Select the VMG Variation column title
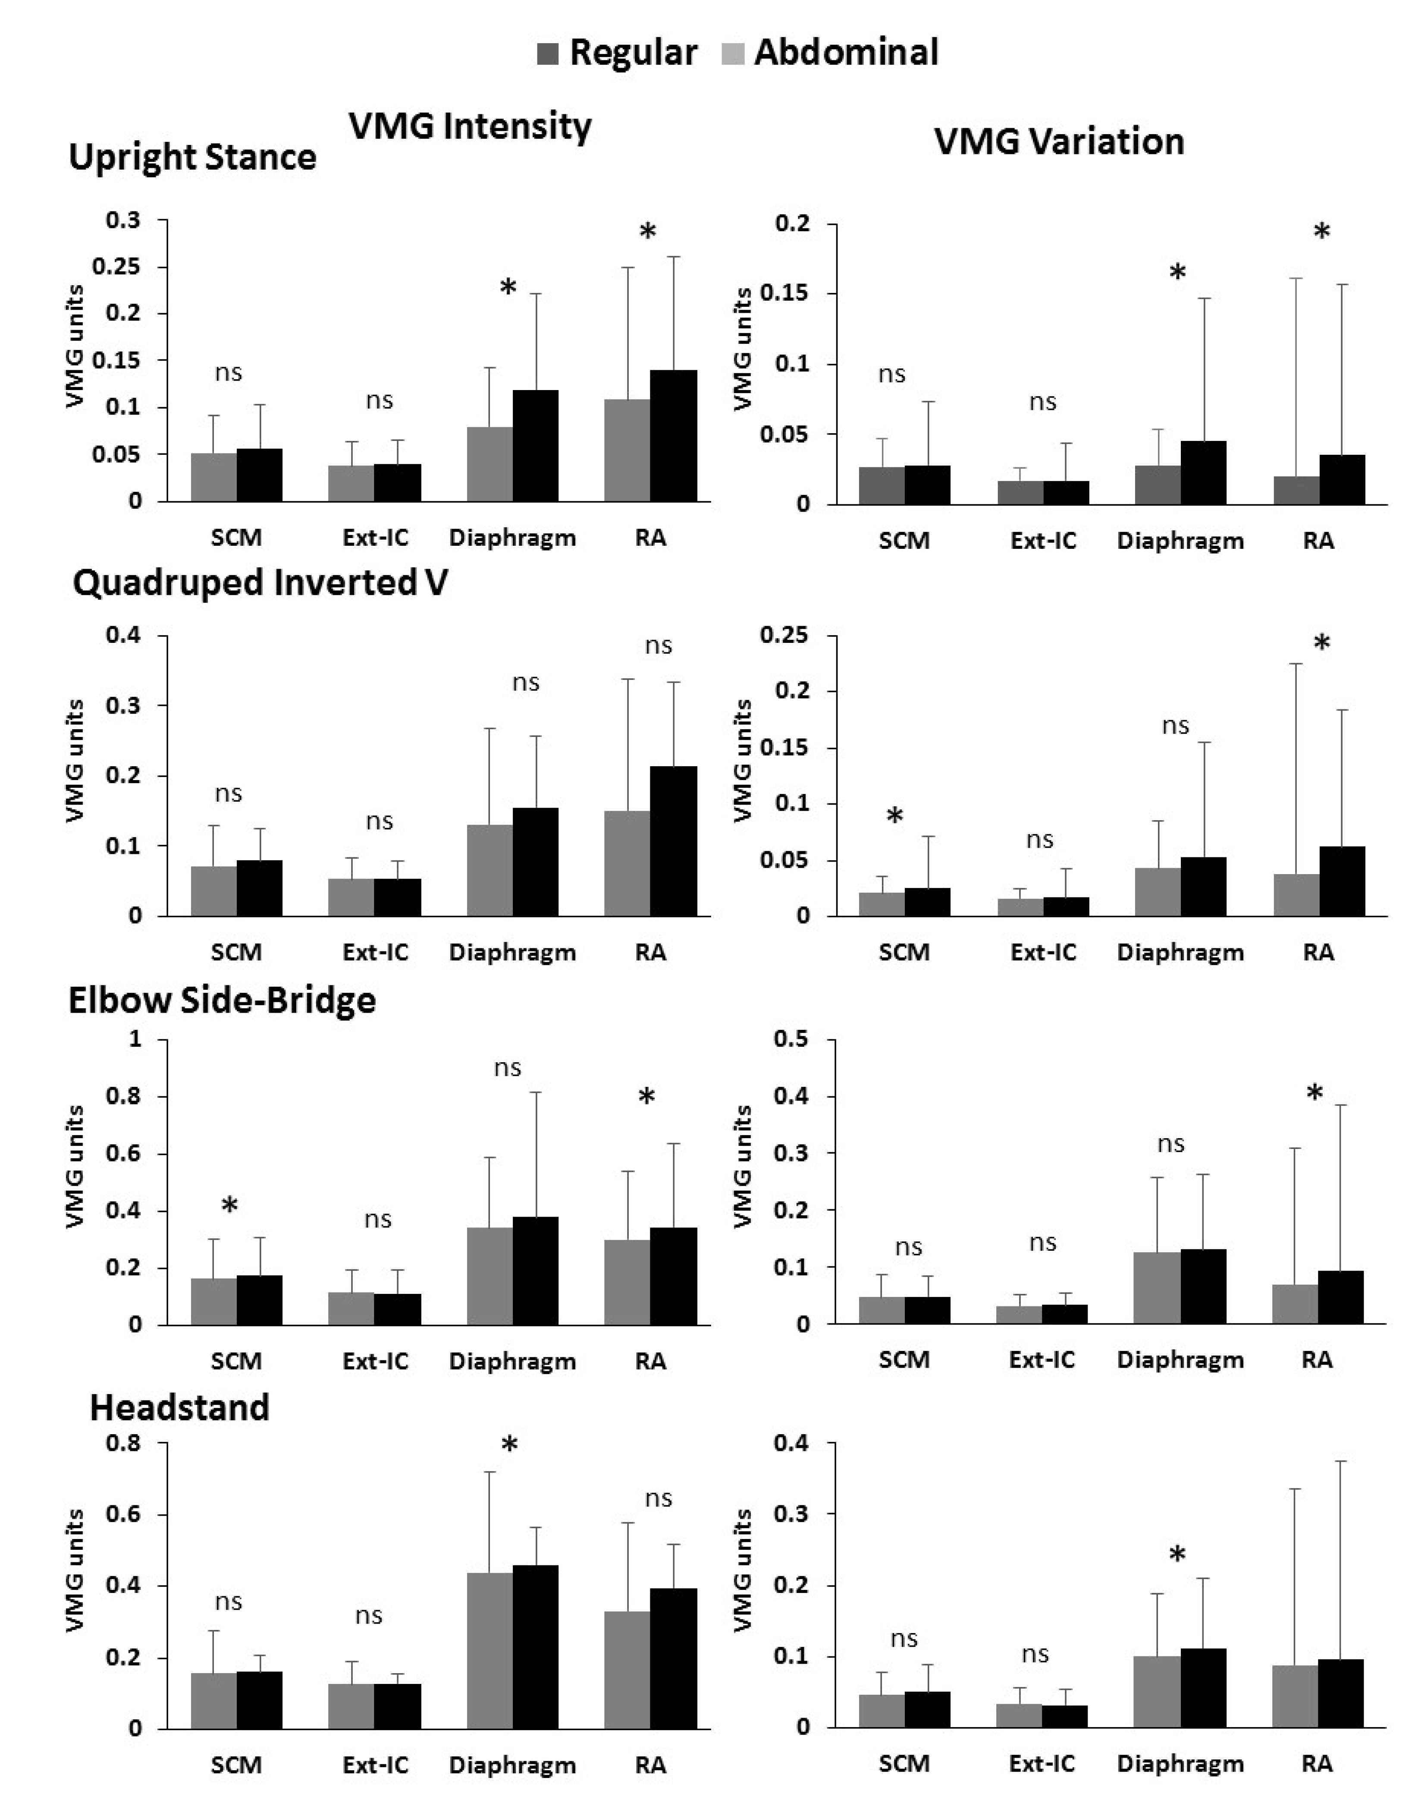(x=1059, y=142)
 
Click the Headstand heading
(x=180, y=1407)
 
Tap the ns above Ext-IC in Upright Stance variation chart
(x=1042, y=402)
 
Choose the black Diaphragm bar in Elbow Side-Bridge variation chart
(x=1203, y=1287)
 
